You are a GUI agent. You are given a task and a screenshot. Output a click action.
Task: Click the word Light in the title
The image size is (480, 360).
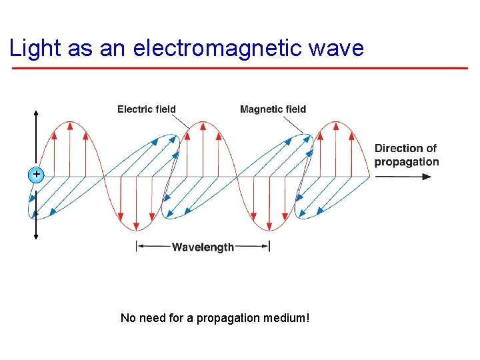pos(34,48)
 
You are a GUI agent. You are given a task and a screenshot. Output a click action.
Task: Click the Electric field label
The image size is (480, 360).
pos(147,109)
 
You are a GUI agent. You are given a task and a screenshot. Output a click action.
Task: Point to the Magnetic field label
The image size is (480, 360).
pos(273,109)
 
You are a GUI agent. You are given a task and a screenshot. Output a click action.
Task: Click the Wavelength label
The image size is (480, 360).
pos(203,247)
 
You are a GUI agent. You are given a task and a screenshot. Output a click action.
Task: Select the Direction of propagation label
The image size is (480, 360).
pos(407,155)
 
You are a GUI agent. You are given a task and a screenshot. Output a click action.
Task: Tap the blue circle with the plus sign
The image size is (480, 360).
pos(36,175)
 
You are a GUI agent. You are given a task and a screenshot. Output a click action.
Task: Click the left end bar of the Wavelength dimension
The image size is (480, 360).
pos(137,247)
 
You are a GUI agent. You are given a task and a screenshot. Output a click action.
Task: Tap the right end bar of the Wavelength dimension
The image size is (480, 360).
pos(269,247)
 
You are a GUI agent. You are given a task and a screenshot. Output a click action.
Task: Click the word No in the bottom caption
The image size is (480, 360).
pos(127,318)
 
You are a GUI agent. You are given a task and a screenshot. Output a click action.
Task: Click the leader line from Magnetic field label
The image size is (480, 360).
pos(295,125)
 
